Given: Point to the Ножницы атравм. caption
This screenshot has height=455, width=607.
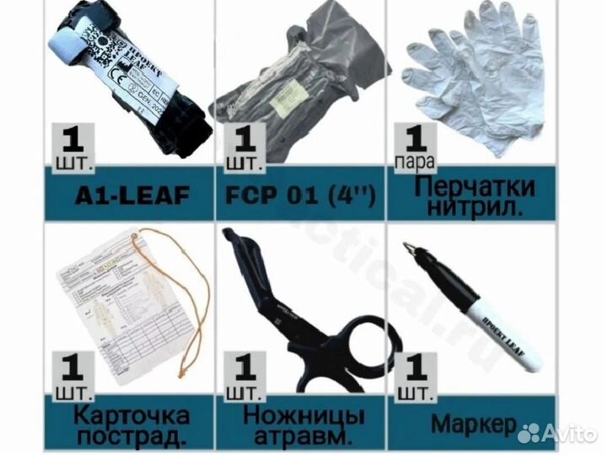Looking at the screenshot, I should pyautogui.click(x=303, y=426).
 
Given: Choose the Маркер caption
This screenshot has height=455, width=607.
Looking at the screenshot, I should pyautogui.click(x=474, y=423).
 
